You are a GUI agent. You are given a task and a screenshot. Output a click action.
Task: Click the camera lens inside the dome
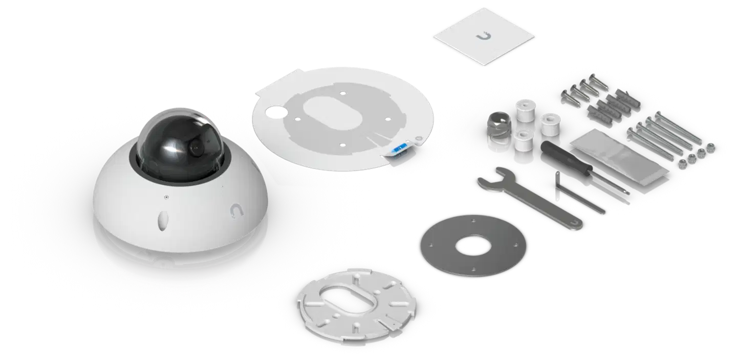click(x=195, y=147)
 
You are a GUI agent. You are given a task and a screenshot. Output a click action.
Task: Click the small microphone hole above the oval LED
click(x=165, y=196)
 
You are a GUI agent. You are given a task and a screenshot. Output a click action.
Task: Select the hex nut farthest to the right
click(x=710, y=147)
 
